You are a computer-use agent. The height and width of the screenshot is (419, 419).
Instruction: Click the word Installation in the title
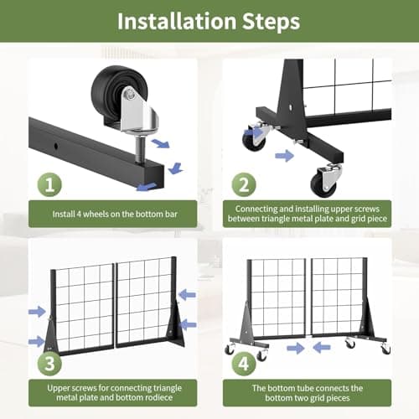[x=177, y=21]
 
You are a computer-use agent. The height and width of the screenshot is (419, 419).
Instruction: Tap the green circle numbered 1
[x=49, y=184]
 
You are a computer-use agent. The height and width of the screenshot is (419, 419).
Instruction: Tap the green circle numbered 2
[x=244, y=184]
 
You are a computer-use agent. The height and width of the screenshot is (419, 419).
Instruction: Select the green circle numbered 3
[x=49, y=364]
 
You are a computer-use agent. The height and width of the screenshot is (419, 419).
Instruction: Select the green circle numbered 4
[x=244, y=364]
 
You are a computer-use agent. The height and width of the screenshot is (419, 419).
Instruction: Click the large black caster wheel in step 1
[x=115, y=95]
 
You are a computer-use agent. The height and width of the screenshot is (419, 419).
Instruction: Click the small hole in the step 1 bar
[x=56, y=146]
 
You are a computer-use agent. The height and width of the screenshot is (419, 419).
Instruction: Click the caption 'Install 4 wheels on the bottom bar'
[x=115, y=215]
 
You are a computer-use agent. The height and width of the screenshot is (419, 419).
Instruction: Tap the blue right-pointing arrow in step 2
[x=284, y=156]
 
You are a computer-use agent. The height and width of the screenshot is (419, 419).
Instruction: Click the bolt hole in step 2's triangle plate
[x=292, y=106]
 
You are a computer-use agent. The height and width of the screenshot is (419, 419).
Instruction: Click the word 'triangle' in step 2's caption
[x=277, y=219]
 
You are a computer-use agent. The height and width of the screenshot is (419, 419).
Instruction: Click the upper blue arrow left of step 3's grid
[x=37, y=312]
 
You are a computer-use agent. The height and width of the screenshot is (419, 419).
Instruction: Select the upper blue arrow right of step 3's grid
[x=187, y=295]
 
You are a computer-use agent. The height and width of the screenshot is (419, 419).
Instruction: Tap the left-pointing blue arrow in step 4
[x=322, y=348]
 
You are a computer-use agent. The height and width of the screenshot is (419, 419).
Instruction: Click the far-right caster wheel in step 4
[x=385, y=348]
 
